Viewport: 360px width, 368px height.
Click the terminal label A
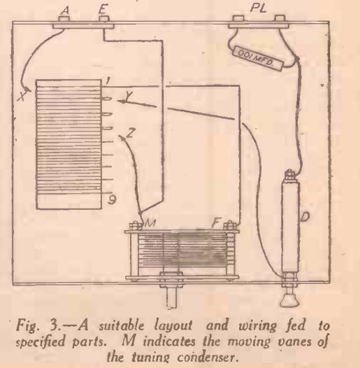point(65,10)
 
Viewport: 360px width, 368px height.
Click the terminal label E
point(103,10)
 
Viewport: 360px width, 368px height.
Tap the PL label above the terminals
point(258,8)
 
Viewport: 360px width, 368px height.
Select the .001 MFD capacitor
point(257,58)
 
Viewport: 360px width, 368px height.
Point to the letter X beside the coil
point(22,97)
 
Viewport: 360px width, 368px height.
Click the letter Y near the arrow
point(129,96)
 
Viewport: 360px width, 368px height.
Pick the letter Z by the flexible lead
point(131,133)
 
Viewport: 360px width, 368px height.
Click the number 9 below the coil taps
point(112,199)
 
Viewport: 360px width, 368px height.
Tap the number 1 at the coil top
point(108,81)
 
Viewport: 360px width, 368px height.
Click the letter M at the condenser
point(150,222)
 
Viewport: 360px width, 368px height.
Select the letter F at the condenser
point(216,222)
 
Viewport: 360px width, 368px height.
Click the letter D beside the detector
point(305,217)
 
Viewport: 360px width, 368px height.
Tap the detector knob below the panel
point(289,300)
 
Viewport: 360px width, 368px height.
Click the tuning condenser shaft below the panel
point(172,298)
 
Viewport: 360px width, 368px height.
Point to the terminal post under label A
point(64,19)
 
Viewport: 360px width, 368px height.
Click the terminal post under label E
point(104,19)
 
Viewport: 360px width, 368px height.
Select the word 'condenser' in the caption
point(206,358)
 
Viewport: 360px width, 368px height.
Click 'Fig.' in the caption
point(27,325)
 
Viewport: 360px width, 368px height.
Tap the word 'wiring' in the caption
point(258,326)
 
